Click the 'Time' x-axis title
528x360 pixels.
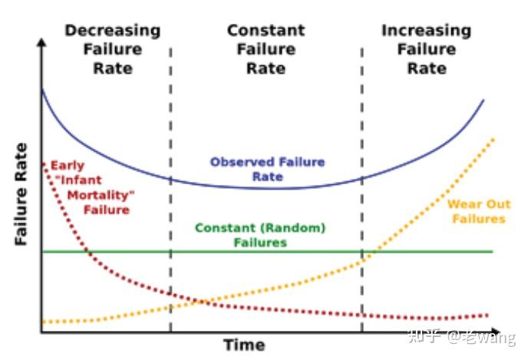(x=244, y=345)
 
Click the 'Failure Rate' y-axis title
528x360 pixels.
(x=21, y=193)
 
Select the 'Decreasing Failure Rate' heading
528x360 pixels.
(x=112, y=49)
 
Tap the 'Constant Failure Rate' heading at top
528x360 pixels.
(x=266, y=49)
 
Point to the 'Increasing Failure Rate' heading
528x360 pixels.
(x=426, y=49)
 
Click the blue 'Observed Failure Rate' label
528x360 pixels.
(x=267, y=170)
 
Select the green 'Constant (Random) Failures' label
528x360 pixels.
(x=260, y=236)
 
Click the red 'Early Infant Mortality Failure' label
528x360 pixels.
(x=90, y=188)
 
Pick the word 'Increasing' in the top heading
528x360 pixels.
(x=426, y=31)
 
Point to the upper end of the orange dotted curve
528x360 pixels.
(x=493, y=139)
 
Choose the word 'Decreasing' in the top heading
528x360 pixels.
(x=112, y=31)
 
